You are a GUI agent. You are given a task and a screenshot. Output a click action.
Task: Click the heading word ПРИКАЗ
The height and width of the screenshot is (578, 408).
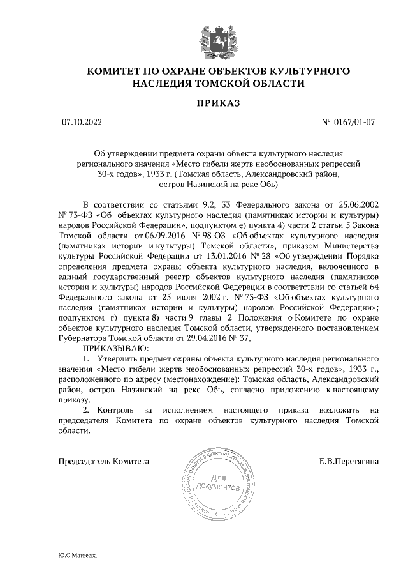[203, 103]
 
